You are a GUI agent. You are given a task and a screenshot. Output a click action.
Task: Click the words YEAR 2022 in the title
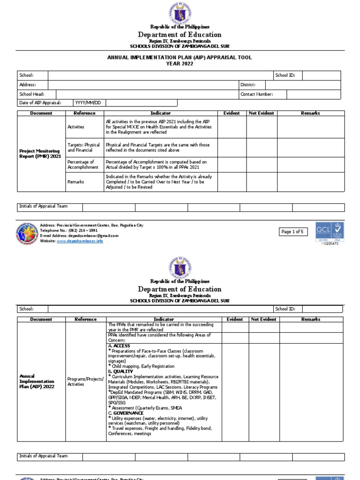point(180,64)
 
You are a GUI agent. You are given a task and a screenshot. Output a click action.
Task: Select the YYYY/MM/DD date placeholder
point(88,103)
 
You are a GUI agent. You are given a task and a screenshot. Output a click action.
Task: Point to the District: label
point(247,85)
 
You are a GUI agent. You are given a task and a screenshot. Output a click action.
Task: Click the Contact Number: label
point(256,94)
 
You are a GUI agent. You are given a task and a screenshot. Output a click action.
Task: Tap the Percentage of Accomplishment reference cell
point(83,164)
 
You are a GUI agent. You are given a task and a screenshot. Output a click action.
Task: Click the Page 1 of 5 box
point(293,232)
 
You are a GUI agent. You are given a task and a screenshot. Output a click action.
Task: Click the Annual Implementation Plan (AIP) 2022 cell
point(37,381)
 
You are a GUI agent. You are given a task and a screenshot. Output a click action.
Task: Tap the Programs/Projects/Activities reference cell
point(85,381)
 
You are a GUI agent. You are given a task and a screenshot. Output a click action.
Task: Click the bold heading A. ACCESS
point(119,345)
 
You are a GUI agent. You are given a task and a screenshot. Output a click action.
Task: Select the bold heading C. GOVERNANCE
point(126,413)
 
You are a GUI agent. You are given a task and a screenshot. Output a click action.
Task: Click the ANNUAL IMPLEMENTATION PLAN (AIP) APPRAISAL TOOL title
point(180,58)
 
